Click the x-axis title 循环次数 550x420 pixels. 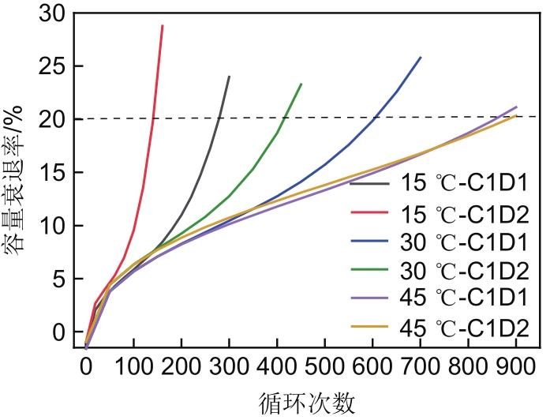click(x=307, y=402)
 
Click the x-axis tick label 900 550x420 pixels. click(x=515, y=366)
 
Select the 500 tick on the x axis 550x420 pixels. click(x=324, y=366)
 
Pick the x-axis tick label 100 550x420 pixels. click(x=133, y=366)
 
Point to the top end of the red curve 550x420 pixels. click(x=163, y=26)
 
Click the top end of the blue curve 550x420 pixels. click(x=421, y=57)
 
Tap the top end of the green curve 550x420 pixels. click(x=301, y=84)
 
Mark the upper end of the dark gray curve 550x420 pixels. click(x=229, y=77)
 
